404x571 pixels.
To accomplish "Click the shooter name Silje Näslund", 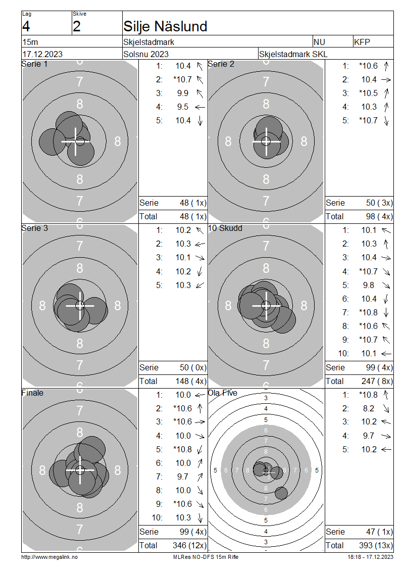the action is pos(165,27).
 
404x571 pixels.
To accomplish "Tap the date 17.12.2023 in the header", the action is pos(42,54).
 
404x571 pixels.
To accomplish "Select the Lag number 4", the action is pos(26,27).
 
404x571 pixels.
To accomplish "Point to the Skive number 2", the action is pos(76,27).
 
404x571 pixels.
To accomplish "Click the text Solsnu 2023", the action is pos(146,54).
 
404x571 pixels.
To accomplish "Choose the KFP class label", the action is pos(362,42).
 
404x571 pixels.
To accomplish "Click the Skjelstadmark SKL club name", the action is pos(293,54).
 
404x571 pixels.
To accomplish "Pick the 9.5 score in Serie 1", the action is pos(183,107).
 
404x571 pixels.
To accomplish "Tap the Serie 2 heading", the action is pos(221,64).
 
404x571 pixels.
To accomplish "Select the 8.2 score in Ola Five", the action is pos(368,409).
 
